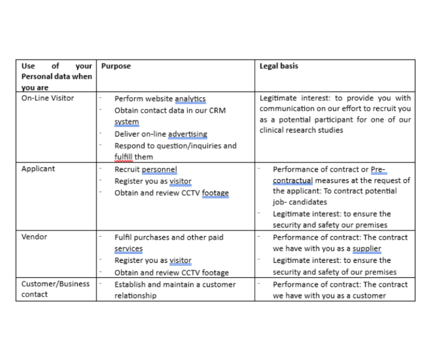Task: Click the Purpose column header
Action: (116, 66)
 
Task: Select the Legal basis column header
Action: (279, 66)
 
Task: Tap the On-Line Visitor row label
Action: (48, 98)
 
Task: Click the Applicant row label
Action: (38, 169)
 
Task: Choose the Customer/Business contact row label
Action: (55, 289)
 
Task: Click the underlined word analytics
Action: (190, 99)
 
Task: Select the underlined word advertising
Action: (187, 134)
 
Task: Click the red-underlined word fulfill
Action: (124, 157)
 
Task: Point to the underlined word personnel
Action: (159, 169)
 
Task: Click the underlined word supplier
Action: (367, 249)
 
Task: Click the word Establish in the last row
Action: (130, 284)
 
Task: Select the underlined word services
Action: (128, 249)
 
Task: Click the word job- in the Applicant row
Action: (280, 202)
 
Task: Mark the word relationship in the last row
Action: (136, 295)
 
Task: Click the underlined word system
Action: (126, 122)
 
